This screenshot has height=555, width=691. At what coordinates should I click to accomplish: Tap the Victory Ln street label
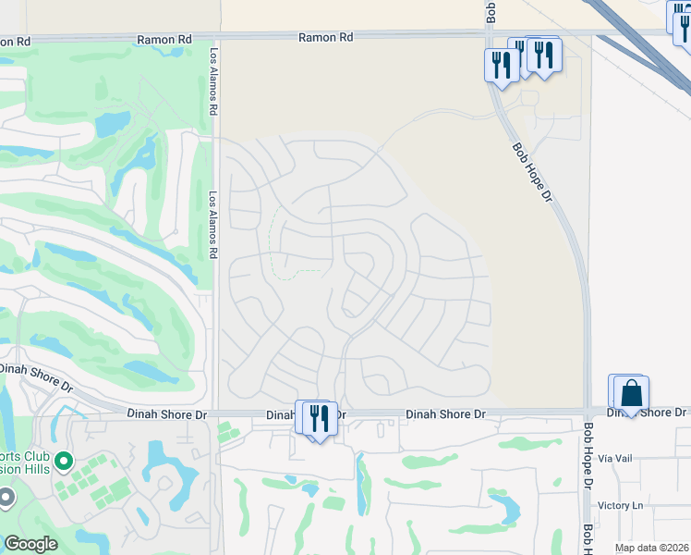[x=620, y=505]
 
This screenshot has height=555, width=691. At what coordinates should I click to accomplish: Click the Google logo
[x=30, y=544]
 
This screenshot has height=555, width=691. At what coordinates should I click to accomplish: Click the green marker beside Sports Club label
[x=63, y=460]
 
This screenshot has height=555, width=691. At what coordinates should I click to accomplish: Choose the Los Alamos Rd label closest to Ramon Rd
[x=214, y=81]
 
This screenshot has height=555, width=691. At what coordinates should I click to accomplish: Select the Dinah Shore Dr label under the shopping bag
[x=647, y=412]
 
